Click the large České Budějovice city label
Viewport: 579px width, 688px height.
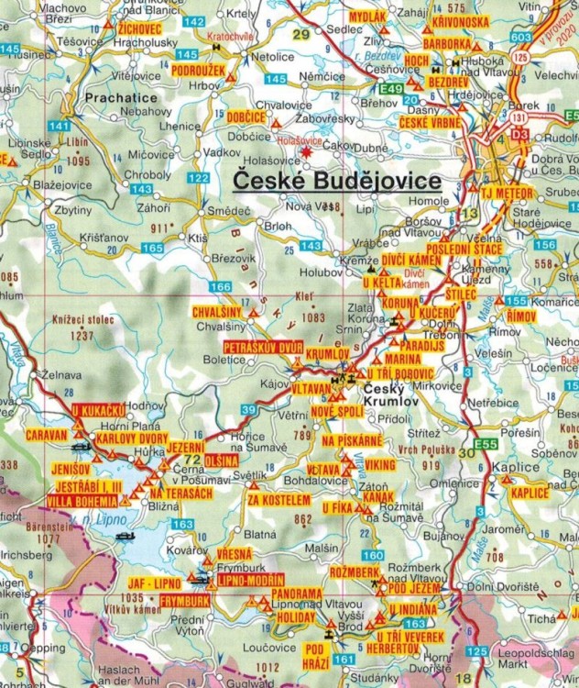[x=336, y=181]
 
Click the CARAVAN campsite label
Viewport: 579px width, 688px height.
[x=47, y=433]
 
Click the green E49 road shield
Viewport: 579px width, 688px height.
[x=391, y=88]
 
